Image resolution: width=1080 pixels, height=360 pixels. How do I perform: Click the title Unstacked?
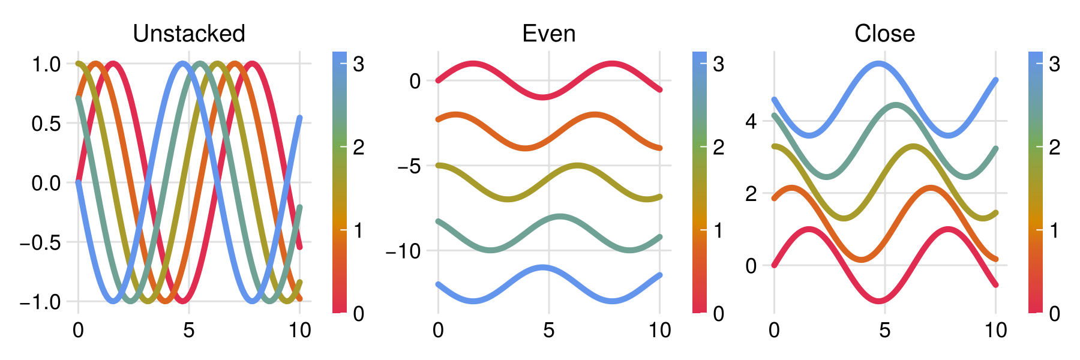point(189,34)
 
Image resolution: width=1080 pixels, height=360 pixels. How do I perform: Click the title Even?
point(549,34)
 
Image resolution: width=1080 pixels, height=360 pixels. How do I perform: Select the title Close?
point(884,34)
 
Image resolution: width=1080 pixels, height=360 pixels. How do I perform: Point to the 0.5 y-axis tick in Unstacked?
point(46,124)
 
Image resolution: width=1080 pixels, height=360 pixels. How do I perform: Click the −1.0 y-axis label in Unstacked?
point(40,302)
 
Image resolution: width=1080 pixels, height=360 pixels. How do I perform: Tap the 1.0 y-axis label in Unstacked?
point(46,64)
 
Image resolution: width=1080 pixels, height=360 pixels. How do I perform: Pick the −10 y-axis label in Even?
point(403,251)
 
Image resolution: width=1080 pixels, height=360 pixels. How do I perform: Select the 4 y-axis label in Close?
point(751,122)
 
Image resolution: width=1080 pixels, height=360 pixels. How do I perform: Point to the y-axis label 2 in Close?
point(751,194)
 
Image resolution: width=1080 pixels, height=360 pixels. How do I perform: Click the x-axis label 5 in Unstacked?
point(189,330)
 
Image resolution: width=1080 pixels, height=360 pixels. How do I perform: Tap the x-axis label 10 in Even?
point(660,330)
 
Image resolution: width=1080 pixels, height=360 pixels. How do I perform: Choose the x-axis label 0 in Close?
point(774,330)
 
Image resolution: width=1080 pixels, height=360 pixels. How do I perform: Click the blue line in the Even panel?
point(543,267)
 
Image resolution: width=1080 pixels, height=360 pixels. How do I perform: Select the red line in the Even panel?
point(543,97)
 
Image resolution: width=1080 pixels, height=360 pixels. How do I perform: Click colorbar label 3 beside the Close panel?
point(1054,64)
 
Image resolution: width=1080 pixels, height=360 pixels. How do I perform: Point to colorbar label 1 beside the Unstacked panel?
point(358,230)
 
